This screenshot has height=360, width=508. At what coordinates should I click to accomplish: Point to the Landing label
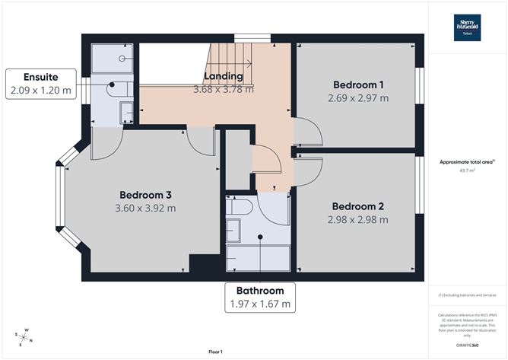coord(224,76)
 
